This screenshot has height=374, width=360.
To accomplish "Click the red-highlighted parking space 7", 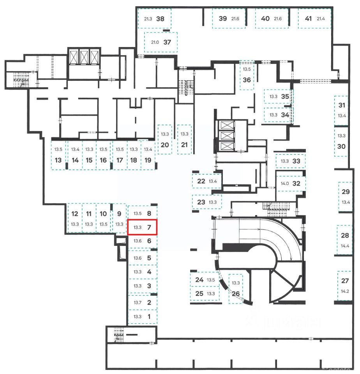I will pos(143,227).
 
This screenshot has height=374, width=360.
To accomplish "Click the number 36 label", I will pos(246,80).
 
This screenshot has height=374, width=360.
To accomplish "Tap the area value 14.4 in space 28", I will pos(345,246).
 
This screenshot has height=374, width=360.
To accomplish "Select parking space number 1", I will pos(143,316).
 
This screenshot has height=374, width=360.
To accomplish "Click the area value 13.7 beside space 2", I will pos(137,302).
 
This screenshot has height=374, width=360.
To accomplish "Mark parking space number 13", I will pos(59,155).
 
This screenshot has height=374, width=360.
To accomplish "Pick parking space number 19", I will pos(148,155).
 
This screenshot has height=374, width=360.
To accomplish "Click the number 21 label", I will pos(184,145).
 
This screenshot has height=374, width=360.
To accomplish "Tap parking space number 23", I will pos(207,202).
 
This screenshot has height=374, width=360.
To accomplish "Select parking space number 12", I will pos(75,219).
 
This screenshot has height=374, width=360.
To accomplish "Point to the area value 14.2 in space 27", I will pos(345,290).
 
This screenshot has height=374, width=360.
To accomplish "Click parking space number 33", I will pos(291,161).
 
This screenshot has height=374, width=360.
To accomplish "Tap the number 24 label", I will pos(199,280).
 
